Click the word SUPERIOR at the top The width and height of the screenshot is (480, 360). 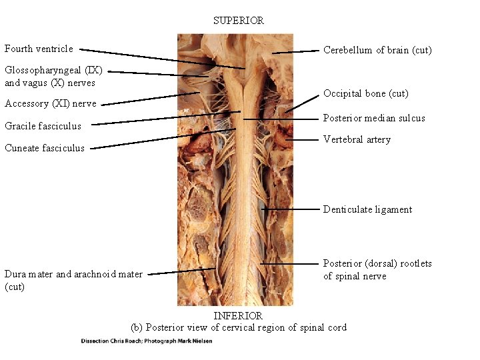239,21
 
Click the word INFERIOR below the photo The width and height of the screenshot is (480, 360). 238,315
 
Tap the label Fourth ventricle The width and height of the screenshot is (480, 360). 39,49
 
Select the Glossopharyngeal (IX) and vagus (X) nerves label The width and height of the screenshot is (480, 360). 53,76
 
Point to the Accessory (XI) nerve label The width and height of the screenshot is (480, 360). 50,103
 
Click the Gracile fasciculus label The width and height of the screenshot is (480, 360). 43,125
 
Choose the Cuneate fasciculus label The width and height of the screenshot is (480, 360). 45,148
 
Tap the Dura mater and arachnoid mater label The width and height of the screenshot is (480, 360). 73,280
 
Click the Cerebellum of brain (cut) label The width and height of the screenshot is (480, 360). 377,50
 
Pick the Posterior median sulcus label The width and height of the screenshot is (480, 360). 374,118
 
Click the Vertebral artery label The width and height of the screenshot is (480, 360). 357,139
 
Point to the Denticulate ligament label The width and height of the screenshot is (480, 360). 367,209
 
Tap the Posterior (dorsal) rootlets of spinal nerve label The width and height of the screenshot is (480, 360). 377,269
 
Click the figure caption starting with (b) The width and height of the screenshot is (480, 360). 239,327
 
